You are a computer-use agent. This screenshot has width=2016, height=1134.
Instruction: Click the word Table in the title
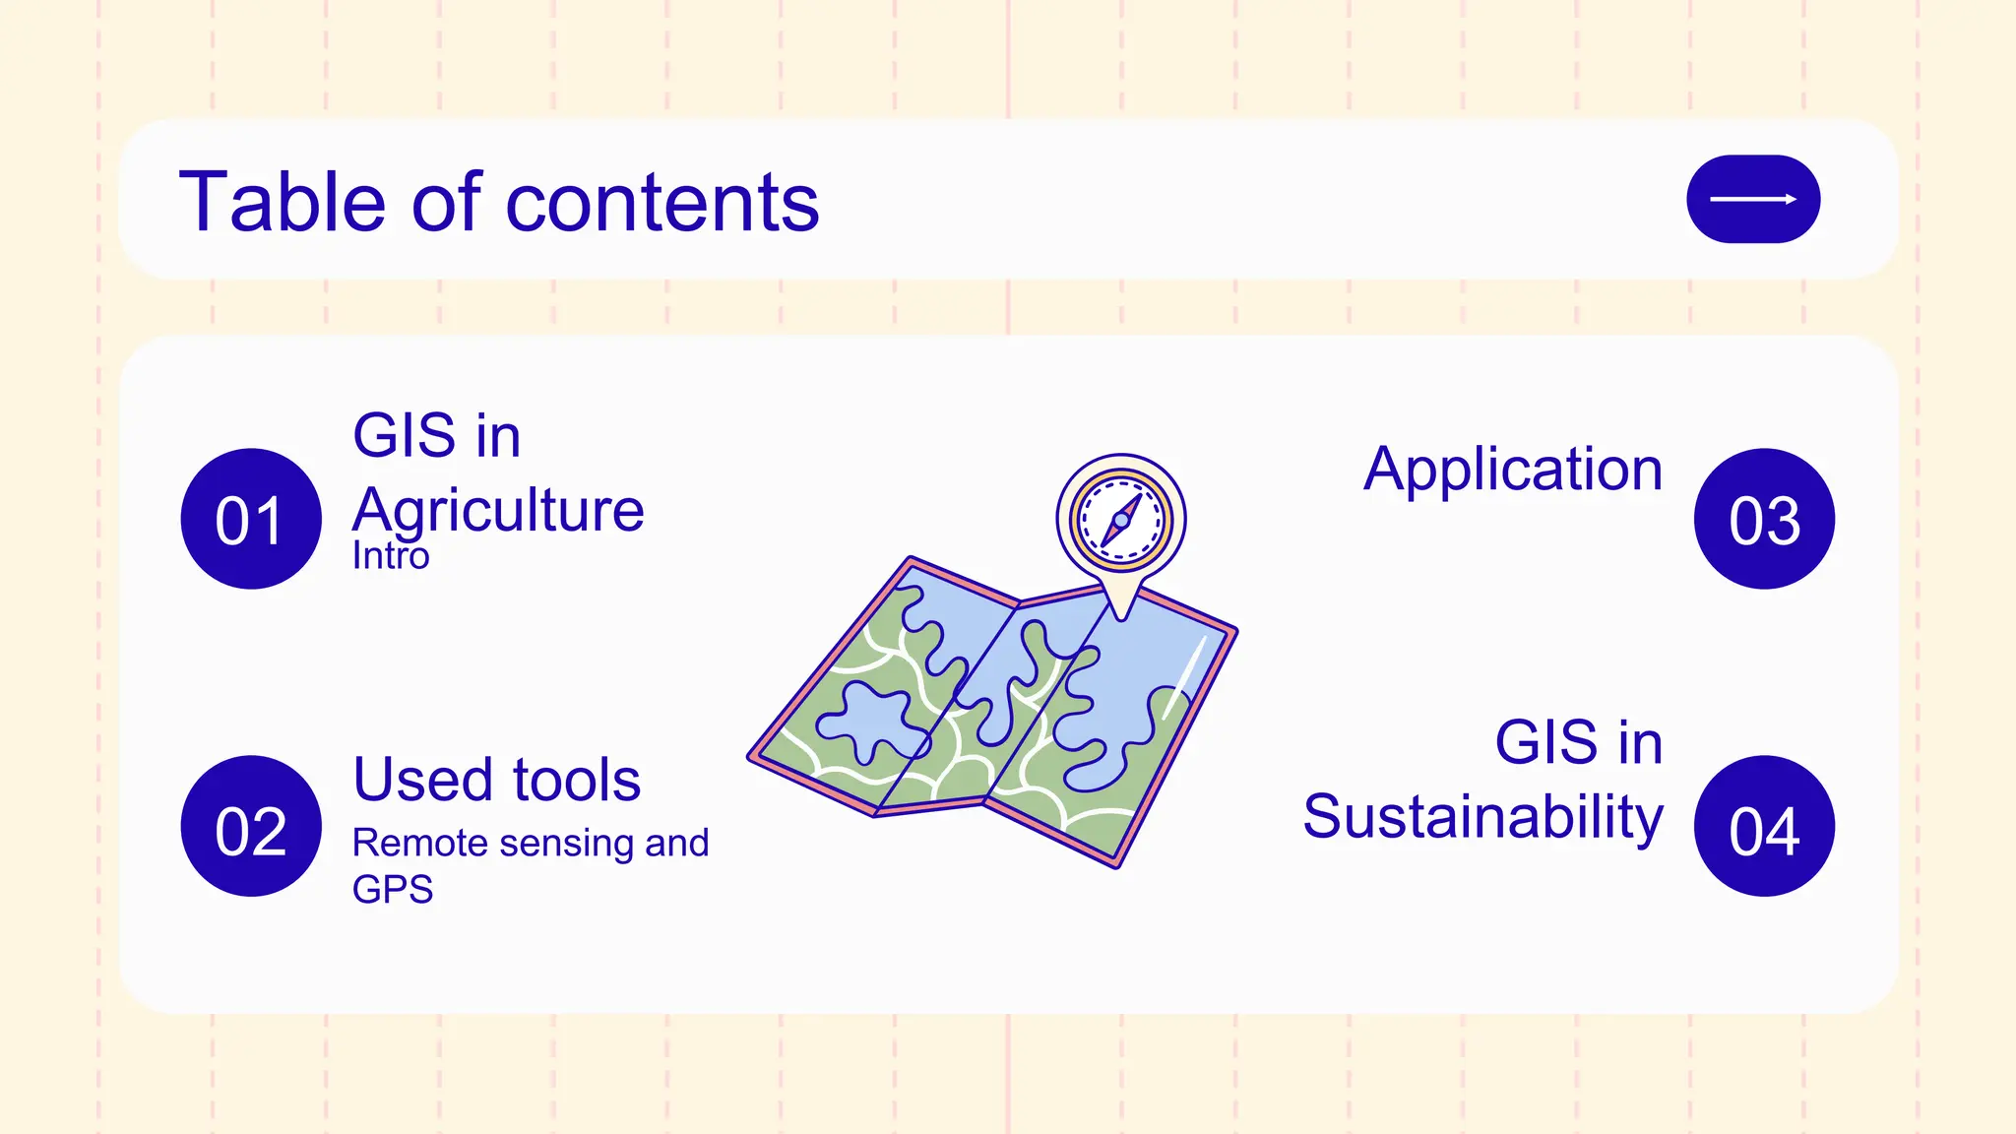click(281, 202)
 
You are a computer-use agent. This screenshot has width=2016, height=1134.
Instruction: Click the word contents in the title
click(661, 202)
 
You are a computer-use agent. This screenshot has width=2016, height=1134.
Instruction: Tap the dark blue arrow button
click(1752, 199)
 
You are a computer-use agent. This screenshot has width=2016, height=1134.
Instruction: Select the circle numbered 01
click(251, 519)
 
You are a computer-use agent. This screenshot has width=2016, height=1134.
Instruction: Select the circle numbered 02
click(251, 826)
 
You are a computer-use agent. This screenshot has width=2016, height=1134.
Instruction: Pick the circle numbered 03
click(1764, 519)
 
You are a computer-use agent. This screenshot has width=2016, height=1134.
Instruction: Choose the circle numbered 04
click(1764, 826)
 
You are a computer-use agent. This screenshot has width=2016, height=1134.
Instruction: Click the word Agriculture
click(498, 510)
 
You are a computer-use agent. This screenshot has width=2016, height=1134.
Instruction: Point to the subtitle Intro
click(391, 556)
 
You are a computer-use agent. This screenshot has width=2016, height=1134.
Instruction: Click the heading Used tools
click(497, 780)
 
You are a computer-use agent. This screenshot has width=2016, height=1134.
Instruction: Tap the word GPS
click(393, 890)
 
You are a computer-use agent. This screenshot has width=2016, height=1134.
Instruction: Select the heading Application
click(1513, 469)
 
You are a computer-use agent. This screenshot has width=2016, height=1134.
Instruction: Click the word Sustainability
click(1482, 817)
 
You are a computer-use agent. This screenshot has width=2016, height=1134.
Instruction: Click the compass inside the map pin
click(1121, 519)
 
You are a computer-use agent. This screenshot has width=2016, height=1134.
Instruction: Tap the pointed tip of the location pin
click(1121, 616)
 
